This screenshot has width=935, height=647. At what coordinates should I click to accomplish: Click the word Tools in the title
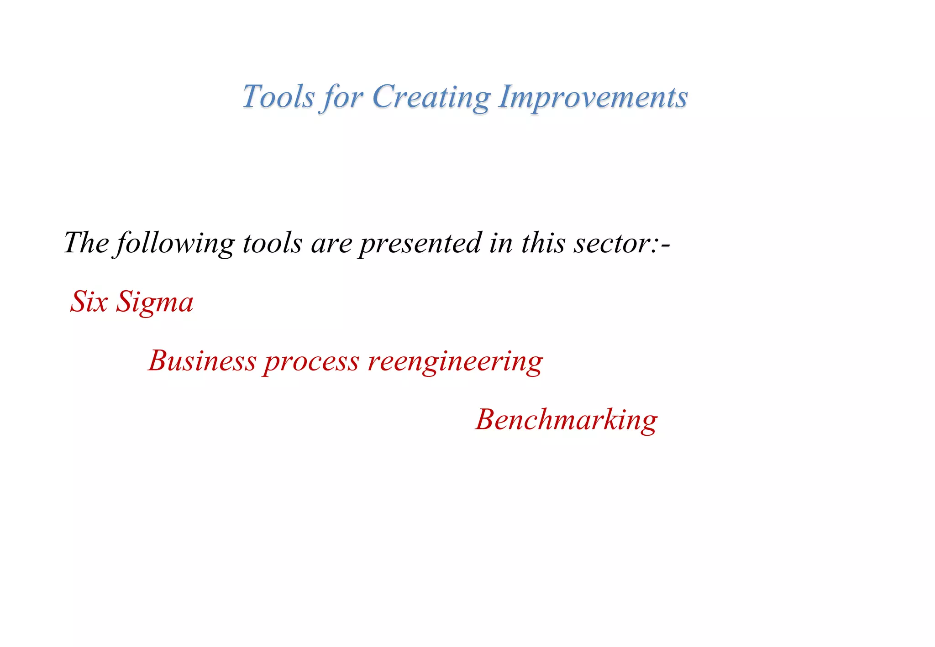point(278,97)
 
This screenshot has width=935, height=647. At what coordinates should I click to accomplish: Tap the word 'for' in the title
point(342,98)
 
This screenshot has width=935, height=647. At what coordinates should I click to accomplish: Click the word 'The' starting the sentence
point(86,243)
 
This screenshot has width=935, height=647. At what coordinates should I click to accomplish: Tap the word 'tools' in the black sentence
point(272,243)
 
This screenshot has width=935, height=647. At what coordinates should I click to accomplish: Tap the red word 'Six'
point(89,302)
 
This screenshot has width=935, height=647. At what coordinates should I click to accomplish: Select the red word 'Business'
point(202,361)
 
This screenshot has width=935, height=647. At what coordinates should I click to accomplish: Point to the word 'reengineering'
point(455,362)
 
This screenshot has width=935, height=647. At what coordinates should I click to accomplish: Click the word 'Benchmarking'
point(566,420)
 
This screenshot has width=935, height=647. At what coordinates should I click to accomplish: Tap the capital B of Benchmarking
point(486,419)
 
